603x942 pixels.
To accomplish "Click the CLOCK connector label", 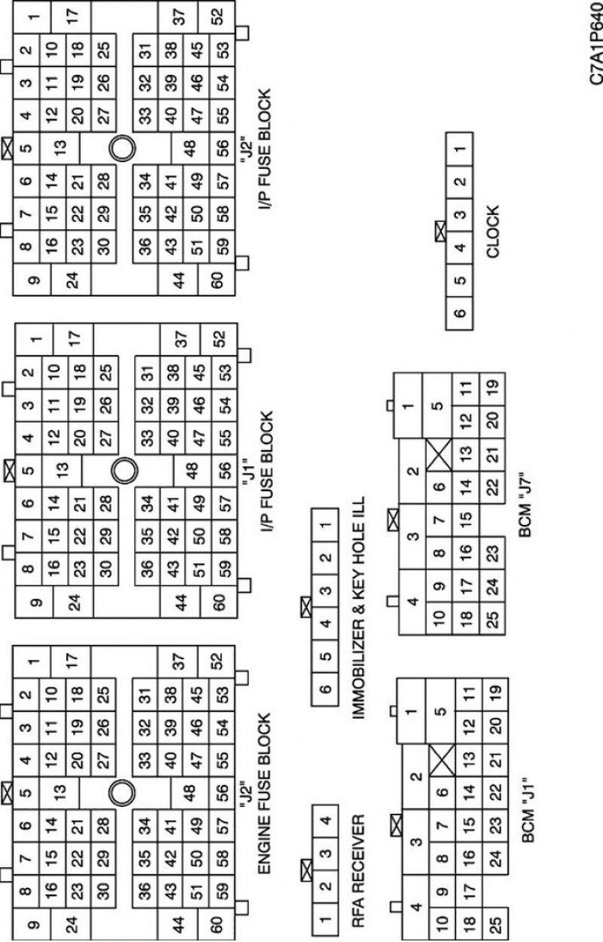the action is [x=492, y=232].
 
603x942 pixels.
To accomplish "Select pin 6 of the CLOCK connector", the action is [x=459, y=313].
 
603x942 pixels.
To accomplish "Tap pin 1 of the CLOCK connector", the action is [x=459, y=149].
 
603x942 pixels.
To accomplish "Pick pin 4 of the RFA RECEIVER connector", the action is [x=325, y=820].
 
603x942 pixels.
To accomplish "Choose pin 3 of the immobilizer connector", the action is [x=325, y=591].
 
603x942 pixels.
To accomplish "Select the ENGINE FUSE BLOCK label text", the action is [x=264, y=793].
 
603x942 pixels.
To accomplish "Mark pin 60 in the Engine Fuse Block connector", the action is [x=216, y=925].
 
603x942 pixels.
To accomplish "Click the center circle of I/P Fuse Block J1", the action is [x=124, y=471].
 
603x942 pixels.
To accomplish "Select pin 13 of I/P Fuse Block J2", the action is [x=60, y=148].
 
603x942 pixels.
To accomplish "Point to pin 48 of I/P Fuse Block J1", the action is [x=192, y=470].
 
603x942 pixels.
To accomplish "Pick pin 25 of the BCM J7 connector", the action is [x=492, y=618].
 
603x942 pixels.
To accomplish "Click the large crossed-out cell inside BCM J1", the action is [x=442, y=760].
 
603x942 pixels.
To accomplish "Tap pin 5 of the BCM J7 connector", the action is [x=437, y=406].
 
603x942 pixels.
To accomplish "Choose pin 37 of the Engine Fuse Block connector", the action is [x=178, y=662].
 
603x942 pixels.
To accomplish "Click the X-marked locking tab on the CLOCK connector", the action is [x=440, y=232].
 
